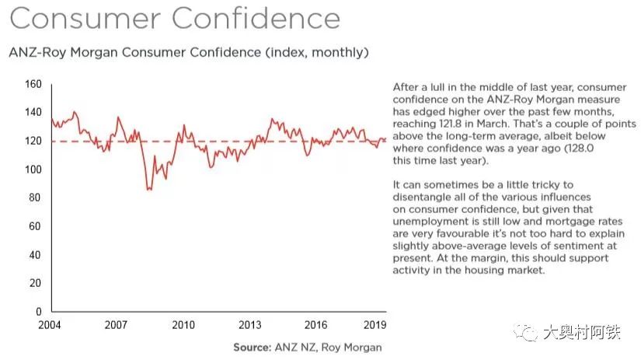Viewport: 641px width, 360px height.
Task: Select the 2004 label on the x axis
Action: pos(49,325)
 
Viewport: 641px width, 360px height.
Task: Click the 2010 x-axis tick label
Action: pos(183,325)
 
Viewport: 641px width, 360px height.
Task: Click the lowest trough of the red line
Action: pos(148,190)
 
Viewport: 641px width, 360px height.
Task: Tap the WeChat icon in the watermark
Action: pos(529,333)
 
